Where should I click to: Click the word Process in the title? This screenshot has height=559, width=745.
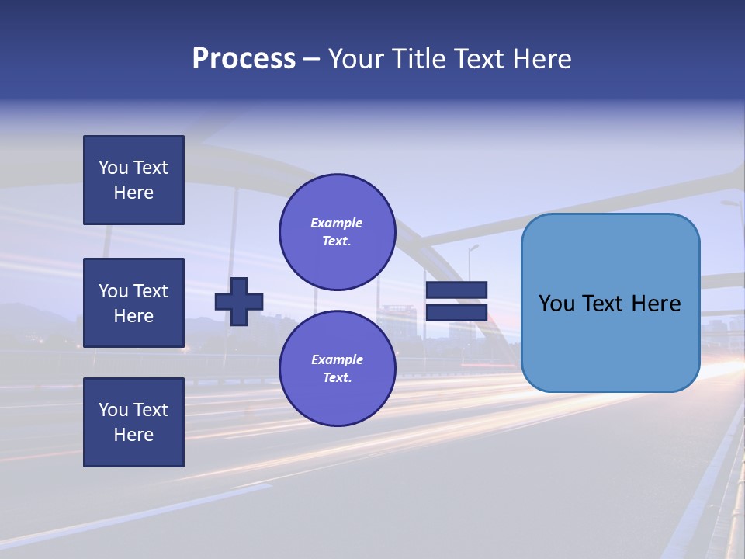coord(244,59)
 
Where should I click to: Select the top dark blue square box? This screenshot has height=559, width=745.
coord(133,180)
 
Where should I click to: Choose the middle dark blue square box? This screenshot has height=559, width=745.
coord(133,303)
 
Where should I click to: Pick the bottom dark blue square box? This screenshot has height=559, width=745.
coord(133,422)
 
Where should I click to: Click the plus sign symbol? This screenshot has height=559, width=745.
coord(239,301)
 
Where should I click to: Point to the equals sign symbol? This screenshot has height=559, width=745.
coord(456,301)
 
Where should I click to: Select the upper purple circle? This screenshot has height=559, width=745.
coord(337,231)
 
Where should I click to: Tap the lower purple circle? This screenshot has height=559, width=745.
coord(337,368)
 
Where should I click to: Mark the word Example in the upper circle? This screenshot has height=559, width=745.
coord(337,223)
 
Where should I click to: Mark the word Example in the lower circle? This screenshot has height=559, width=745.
coord(337,359)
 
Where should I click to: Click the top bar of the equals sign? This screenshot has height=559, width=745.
coord(456,290)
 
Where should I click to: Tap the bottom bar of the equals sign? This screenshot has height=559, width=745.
coord(456,312)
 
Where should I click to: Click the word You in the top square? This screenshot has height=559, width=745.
coord(113,168)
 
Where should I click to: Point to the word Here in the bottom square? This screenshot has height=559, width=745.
coord(133,435)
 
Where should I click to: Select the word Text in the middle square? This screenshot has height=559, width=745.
coord(150,291)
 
